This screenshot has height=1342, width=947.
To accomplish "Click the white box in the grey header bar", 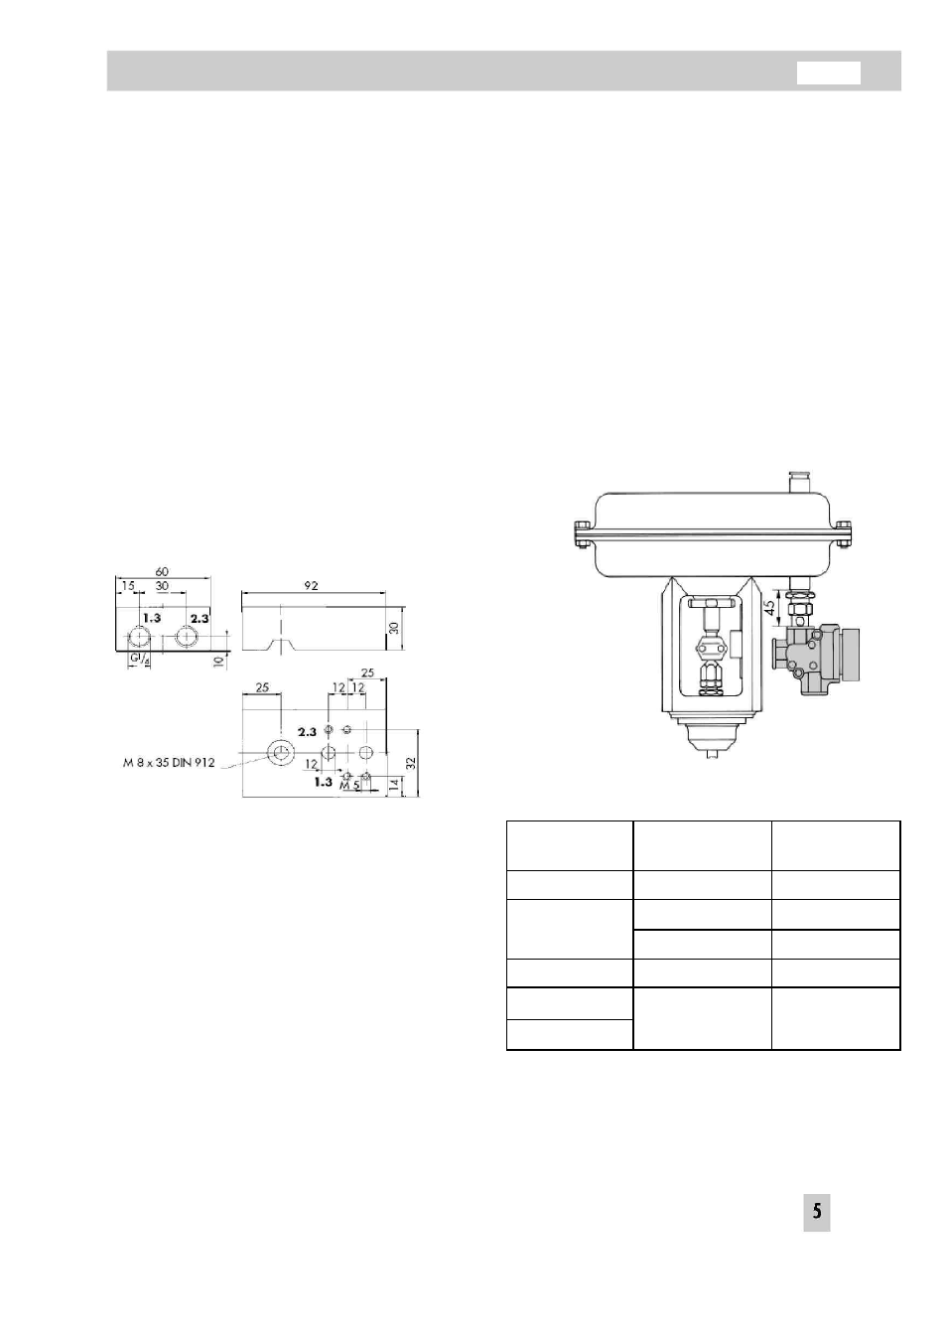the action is coord(828,73).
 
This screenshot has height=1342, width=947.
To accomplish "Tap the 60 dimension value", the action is coord(162,571).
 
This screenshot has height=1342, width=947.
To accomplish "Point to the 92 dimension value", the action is coord(310,585).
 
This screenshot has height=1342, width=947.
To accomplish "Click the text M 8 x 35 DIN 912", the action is coord(168,763).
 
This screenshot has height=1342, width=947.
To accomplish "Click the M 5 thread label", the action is coord(349,786).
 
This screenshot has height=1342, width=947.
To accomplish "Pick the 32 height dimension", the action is coord(411,763).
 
